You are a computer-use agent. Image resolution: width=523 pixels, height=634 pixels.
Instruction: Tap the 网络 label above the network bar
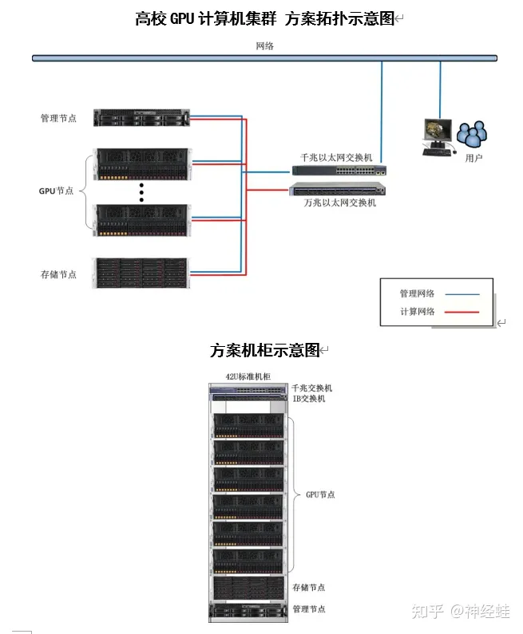point(264,46)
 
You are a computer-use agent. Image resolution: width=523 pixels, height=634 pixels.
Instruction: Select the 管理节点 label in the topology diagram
point(59,118)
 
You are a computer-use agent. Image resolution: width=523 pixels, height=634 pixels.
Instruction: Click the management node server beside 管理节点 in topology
point(141,118)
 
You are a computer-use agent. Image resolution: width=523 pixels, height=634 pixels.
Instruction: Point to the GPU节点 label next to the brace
point(57,191)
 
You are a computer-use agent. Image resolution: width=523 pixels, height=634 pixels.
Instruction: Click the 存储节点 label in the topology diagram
point(59,274)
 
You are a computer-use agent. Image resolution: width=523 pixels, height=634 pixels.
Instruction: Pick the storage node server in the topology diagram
point(141,273)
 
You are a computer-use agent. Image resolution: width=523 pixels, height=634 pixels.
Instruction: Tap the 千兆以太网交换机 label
point(336,157)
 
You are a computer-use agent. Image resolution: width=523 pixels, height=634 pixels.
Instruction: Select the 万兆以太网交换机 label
point(339,203)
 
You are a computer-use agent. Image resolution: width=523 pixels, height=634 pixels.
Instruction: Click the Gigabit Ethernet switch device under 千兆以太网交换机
point(339,171)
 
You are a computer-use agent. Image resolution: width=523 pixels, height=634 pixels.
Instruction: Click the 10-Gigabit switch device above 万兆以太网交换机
point(338,189)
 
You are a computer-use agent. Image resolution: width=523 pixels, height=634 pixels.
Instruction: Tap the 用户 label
point(473,158)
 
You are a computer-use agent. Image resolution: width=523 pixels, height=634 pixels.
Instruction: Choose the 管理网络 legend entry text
point(418,293)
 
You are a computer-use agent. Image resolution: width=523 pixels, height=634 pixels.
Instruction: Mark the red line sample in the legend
point(462,312)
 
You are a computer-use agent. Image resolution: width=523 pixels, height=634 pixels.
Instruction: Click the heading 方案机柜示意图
point(264,350)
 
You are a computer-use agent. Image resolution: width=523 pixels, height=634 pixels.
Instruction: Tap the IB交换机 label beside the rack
point(308,398)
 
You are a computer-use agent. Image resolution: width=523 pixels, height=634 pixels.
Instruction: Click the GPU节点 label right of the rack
point(320,494)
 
